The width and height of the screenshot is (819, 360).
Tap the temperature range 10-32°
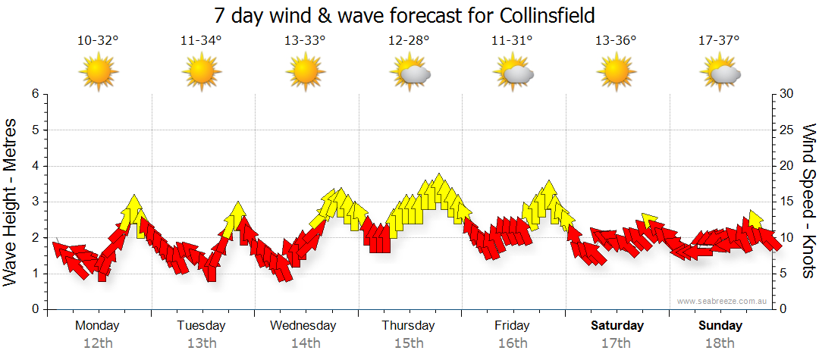[x=98, y=41]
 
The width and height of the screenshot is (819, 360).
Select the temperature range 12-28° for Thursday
[x=409, y=41]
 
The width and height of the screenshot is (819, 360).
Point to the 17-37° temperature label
[x=719, y=41]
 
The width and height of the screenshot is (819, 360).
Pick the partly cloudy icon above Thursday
[x=410, y=73]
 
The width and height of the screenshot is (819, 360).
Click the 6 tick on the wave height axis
[x=34, y=94]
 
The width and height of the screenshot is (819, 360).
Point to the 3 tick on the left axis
[x=34, y=202]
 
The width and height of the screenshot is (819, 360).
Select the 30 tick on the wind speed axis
[x=787, y=94]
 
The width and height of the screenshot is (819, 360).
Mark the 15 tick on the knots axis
[x=787, y=202]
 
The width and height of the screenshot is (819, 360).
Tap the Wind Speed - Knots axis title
[x=808, y=201]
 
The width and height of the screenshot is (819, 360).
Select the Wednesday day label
[x=303, y=326]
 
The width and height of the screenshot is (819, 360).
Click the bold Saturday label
[x=617, y=326]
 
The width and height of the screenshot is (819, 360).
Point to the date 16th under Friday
[x=513, y=343]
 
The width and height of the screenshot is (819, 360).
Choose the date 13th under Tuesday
[x=201, y=343]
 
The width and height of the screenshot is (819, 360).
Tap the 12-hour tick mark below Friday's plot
[x=513, y=311]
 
